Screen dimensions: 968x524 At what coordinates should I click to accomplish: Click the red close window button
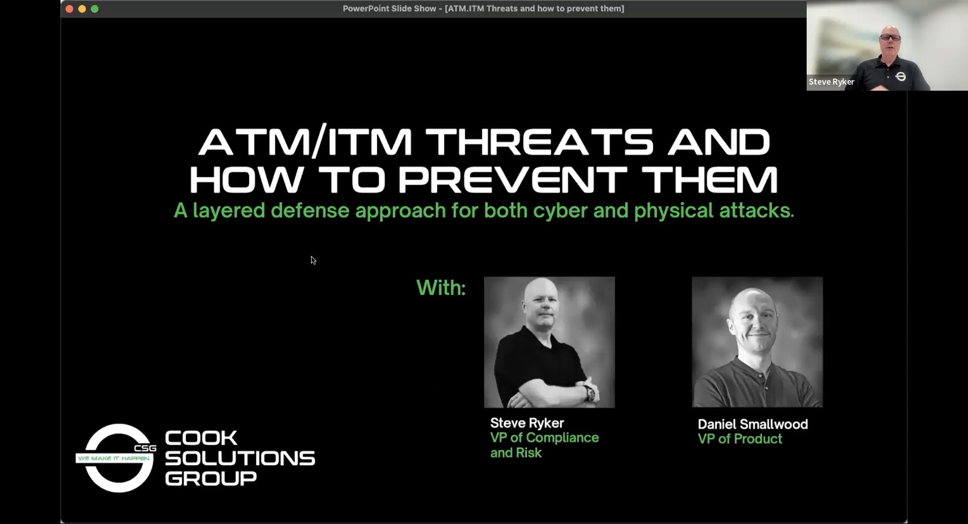[70, 9]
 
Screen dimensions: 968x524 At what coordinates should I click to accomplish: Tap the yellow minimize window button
[82, 9]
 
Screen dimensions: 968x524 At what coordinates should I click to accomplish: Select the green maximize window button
[95, 9]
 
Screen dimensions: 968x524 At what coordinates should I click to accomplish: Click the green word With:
[441, 288]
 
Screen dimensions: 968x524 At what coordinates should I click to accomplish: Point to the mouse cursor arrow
[313, 260]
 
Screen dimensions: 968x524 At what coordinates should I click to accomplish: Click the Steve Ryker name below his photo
[527, 423]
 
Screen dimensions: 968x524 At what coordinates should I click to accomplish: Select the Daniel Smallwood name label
[753, 424]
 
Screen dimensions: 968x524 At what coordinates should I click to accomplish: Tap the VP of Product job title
[740, 439]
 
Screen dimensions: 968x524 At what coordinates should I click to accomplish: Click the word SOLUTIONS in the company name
[240, 458]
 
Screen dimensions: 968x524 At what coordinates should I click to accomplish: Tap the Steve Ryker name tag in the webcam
[831, 82]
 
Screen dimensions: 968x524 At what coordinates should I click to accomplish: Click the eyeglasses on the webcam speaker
[890, 37]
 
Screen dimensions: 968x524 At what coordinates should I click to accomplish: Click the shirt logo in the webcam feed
[901, 76]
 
